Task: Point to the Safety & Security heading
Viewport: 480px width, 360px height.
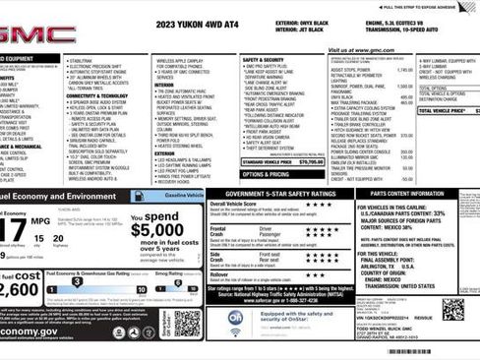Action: pyautogui.click(x=263, y=60)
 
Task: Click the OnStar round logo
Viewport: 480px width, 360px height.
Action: pyautogui.click(x=235, y=317)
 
